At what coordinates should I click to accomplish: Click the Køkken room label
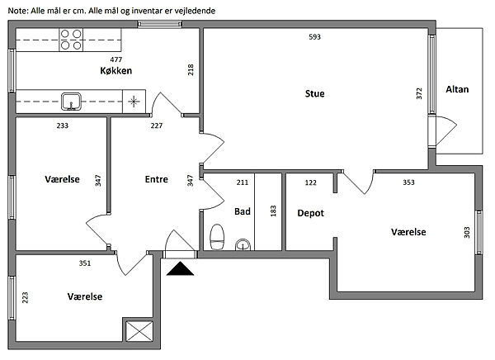(x=116, y=71)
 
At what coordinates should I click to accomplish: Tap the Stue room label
(x=315, y=93)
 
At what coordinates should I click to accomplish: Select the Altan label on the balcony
(x=456, y=89)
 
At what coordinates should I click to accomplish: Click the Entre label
(x=157, y=179)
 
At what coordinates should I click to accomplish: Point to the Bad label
(x=242, y=211)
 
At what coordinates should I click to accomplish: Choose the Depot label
(x=310, y=213)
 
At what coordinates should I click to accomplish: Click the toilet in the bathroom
(x=217, y=237)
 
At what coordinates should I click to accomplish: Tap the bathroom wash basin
(x=243, y=244)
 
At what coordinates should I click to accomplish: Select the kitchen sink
(x=72, y=102)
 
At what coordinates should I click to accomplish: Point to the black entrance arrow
(x=179, y=268)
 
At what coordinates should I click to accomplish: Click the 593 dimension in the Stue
(x=314, y=37)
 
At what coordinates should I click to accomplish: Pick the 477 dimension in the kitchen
(x=116, y=59)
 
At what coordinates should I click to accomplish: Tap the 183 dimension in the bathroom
(x=272, y=211)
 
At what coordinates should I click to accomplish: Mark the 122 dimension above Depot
(x=310, y=182)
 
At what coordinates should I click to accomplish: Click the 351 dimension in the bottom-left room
(x=84, y=264)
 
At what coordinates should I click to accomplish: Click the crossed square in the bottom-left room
(x=136, y=331)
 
